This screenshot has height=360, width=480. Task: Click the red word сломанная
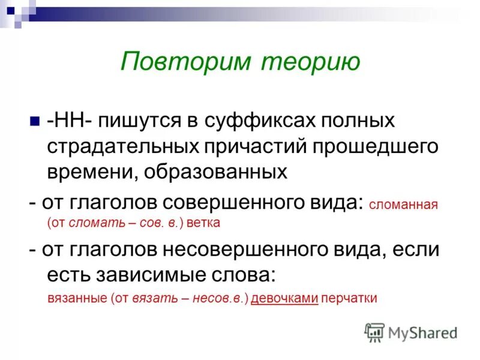[404, 205]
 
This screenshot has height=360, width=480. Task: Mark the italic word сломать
[92, 223]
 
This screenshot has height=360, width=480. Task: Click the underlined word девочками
[284, 298]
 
